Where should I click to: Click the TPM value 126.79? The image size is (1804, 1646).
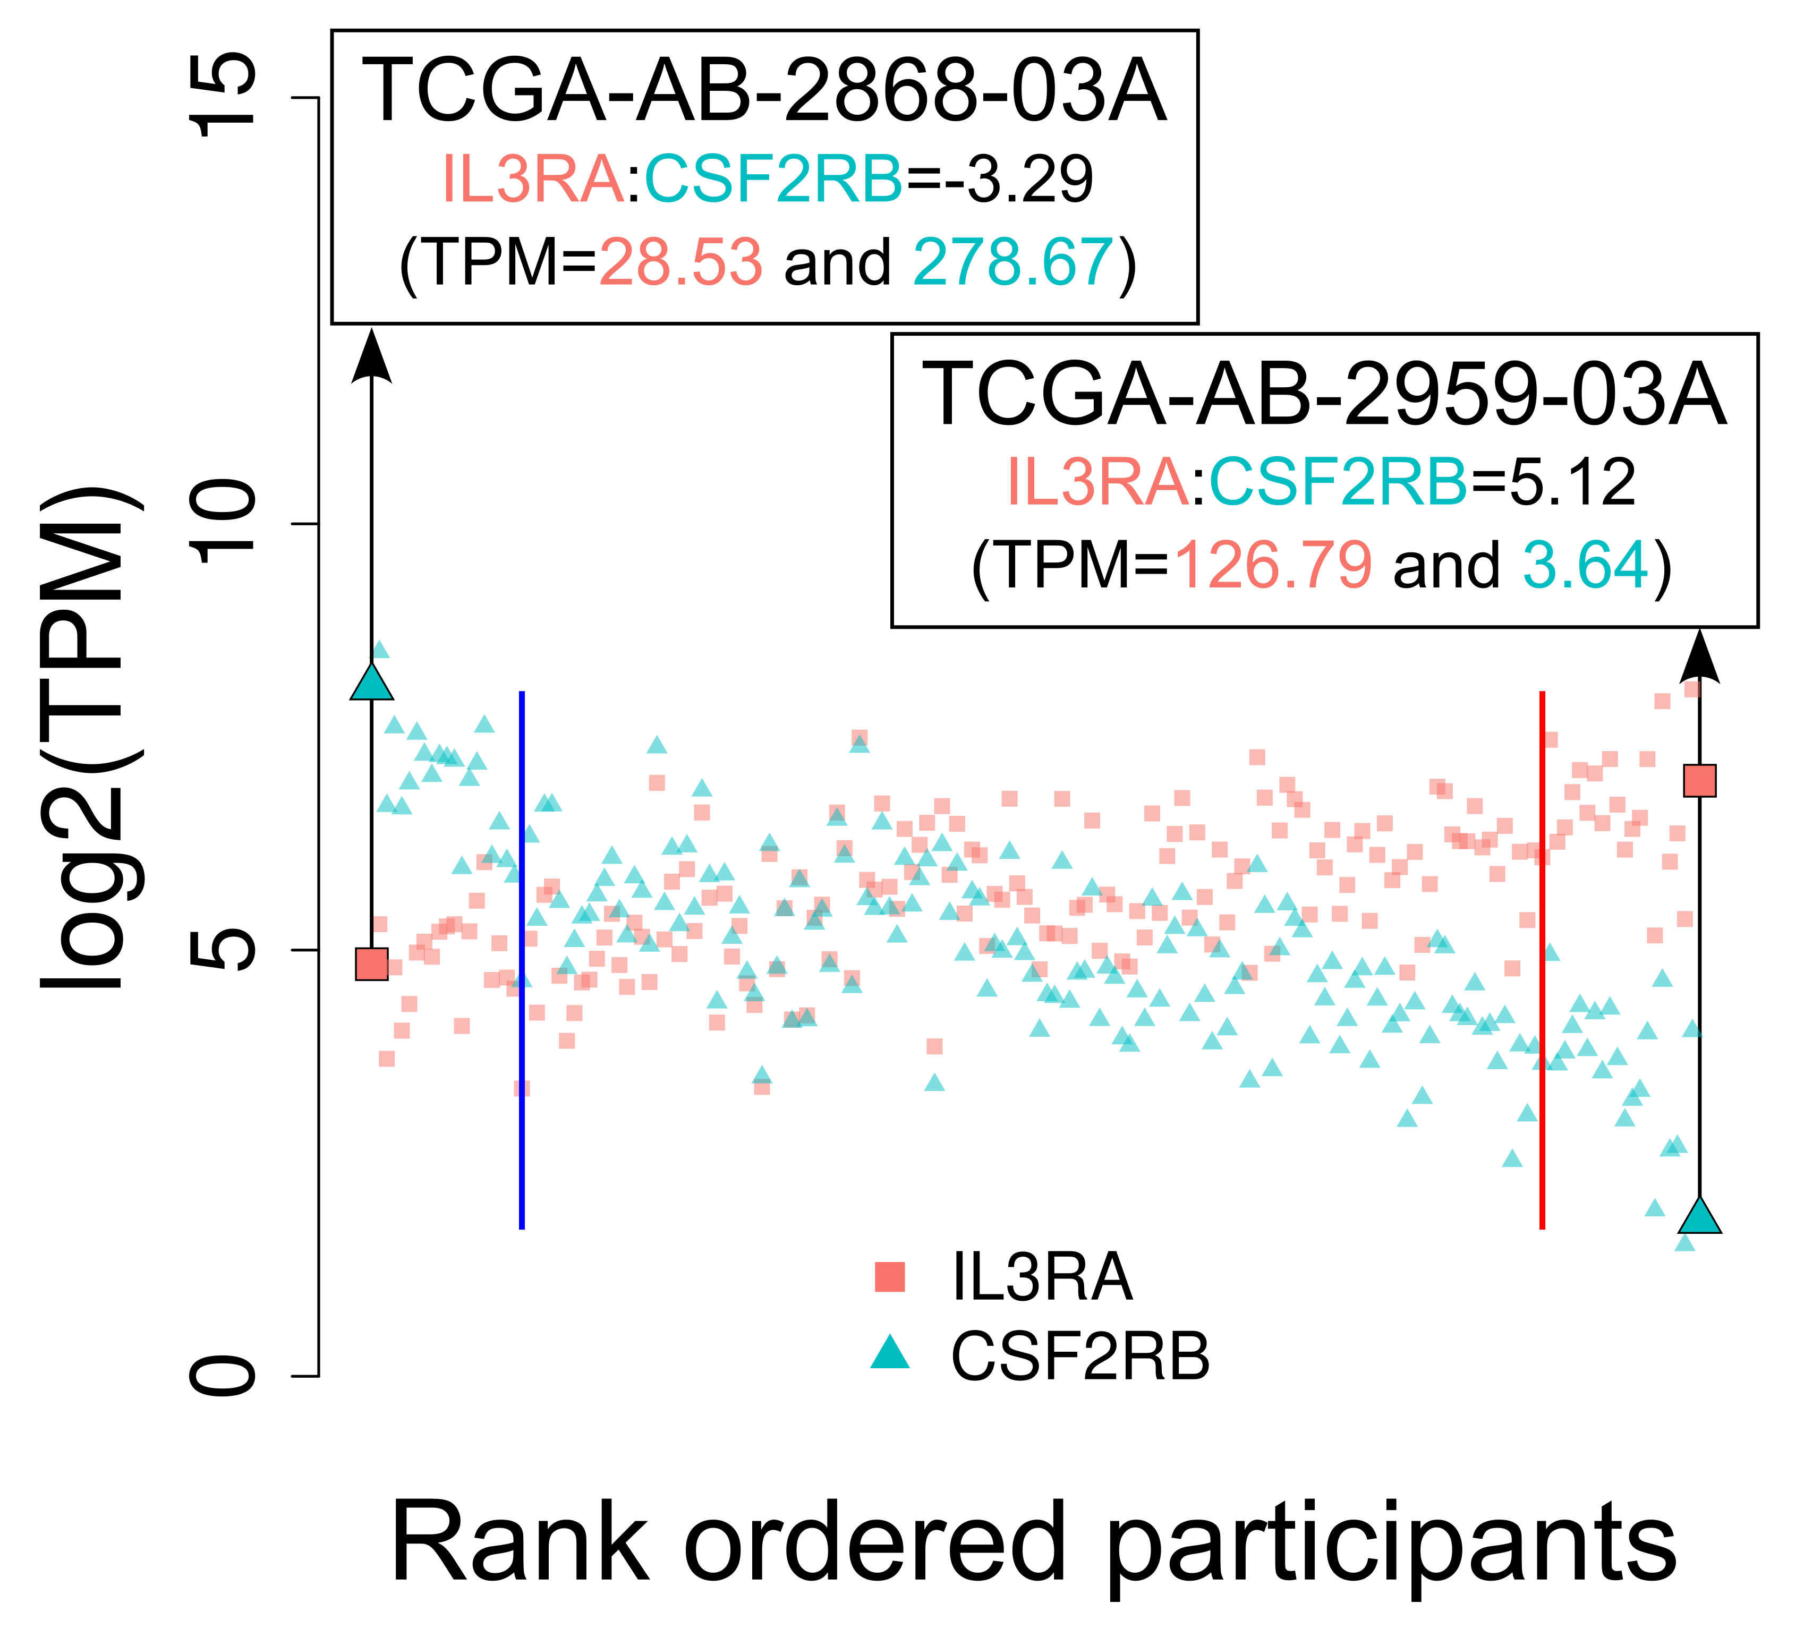click(x=1272, y=565)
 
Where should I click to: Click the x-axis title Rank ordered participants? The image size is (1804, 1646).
click(x=1034, y=1543)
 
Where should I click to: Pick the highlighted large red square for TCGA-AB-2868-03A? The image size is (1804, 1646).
click(x=372, y=965)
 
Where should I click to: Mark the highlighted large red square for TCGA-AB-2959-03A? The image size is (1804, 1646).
click(x=1699, y=781)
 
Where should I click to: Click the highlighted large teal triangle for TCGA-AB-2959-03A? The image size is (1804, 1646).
click(x=1700, y=1217)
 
